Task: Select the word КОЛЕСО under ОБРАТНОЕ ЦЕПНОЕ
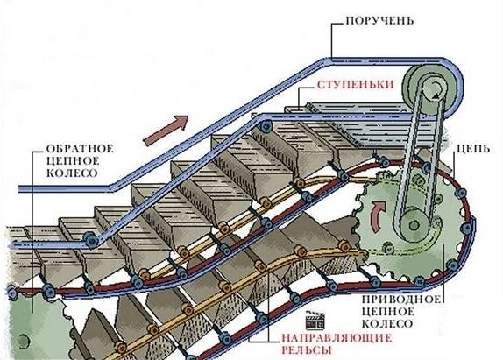pyautogui.click(x=67, y=173)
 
